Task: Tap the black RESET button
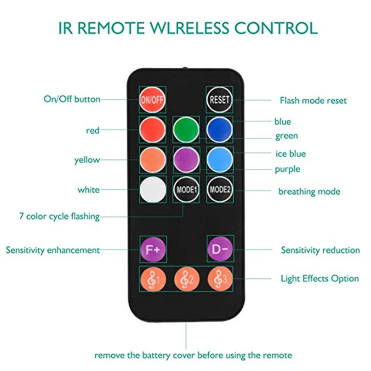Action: click(219, 99)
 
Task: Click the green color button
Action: click(186, 129)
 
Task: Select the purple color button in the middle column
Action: click(186, 160)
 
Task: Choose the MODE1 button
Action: click(186, 190)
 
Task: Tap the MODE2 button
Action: click(219, 190)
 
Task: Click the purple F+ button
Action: click(153, 249)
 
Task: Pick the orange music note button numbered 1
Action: click(153, 280)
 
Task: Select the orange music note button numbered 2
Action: click(186, 280)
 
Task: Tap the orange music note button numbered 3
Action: click(219, 280)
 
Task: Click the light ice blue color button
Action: click(219, 160)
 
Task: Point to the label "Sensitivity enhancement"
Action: click(52, 250)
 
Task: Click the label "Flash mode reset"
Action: click(313, 101)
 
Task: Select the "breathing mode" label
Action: click(309, 192)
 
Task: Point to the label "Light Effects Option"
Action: click(320, 279)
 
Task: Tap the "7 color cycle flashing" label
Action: click(59, 216)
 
